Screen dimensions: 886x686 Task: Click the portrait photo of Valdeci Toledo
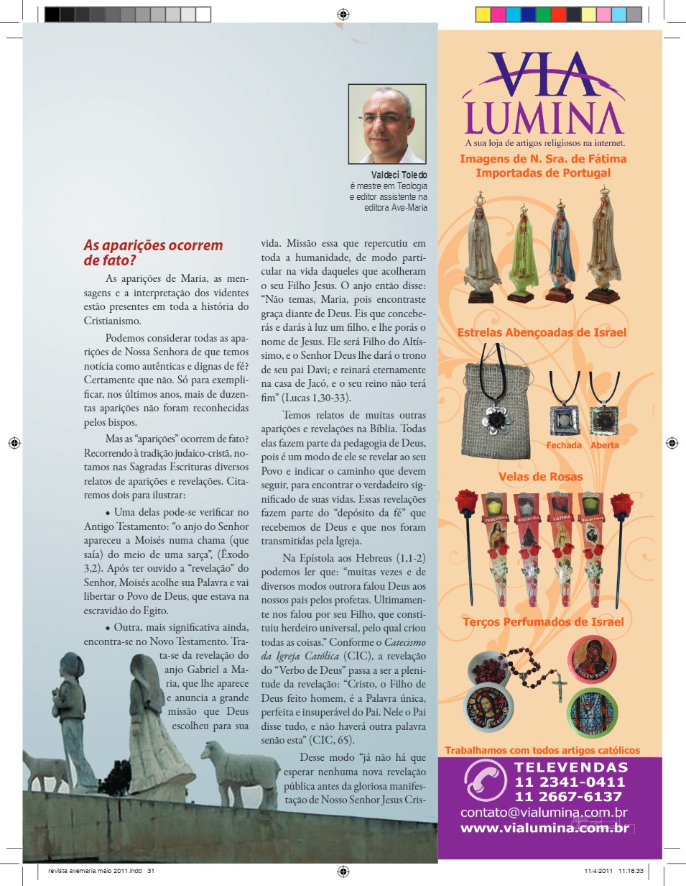coord(386,124)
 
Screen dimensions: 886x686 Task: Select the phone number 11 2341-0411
coord(569,782)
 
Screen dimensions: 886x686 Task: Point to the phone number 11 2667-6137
coord(569,797)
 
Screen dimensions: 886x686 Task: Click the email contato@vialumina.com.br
coord(544,813)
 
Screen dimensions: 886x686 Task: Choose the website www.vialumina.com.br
coord(544,828)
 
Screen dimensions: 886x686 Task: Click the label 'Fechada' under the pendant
coord(564,445)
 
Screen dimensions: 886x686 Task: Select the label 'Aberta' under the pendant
coord(604,445)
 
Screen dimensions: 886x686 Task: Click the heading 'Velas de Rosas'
coord(541,477)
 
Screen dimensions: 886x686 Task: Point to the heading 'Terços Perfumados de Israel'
coord(542,622)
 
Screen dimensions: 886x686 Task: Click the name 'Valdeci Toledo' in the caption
coord(399,175)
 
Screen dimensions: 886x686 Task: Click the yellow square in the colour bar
coord(483,14)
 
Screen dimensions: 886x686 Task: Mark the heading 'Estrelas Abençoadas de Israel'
coord(542,333)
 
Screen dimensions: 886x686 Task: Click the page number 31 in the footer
coord(152,872)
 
